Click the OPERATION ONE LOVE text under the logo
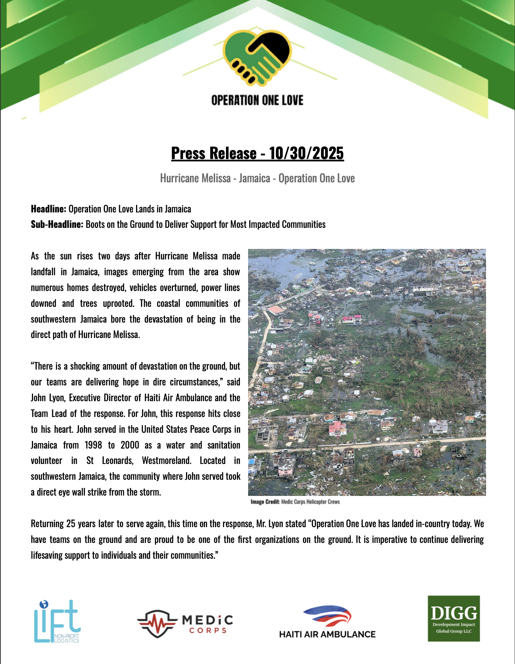[257, 100]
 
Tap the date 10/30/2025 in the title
[306, 153]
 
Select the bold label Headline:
[48, 209]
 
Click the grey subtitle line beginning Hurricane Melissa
[257, 178]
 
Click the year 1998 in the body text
[93, 445]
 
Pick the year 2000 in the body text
[130, 445]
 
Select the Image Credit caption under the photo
[295, 502]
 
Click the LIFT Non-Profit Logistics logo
[57, 621]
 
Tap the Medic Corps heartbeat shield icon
[157, 623]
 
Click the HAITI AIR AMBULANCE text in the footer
[327, 634]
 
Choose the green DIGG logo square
[454, 618]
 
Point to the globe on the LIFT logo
[44, 604]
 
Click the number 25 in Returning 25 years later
[71, 524]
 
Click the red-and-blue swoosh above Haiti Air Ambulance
[327, 616]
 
